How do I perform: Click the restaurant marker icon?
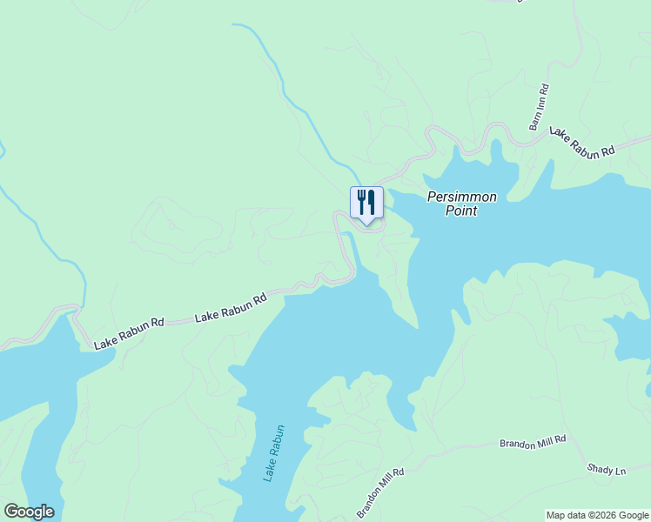coord(366,203)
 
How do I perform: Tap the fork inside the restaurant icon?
coord(361,202)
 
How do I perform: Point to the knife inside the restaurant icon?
coord(372,202)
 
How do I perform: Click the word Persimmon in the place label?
coord(462,197)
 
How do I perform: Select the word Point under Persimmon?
coord(461,211)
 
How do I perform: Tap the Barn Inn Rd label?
coord(540,107)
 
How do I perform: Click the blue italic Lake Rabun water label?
coord(275,453)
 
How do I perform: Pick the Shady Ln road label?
coord(607,471)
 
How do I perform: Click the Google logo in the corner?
coord(29,512)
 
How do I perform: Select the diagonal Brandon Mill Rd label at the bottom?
coord(380,493)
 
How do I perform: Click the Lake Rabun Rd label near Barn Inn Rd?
coord(581,142)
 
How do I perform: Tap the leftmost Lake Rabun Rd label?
coord(129,333)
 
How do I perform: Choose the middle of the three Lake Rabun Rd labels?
coord(231,309)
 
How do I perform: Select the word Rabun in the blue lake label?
coord(278,441)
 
